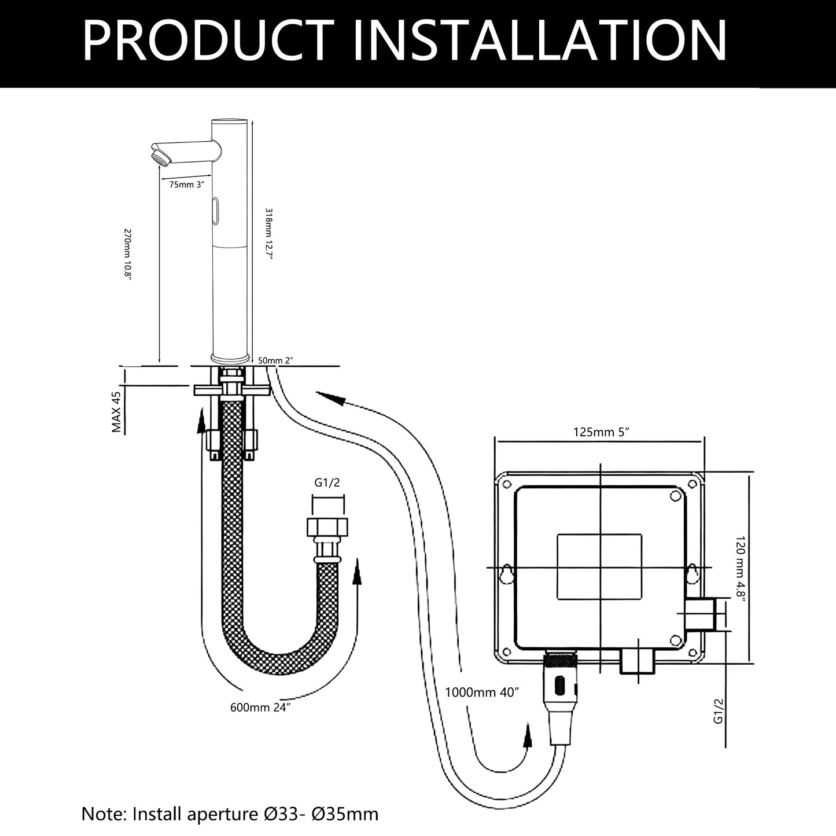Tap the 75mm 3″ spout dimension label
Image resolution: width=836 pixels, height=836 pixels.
[186, 185]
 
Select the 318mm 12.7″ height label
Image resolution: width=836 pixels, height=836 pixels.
[268, 234]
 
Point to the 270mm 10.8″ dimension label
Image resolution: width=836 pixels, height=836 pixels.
[127, 255]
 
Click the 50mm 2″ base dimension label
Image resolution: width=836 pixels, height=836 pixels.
[275, 360]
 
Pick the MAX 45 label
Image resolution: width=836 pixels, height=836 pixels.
[116, 412]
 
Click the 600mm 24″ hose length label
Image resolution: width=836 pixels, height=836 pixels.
[260, 707]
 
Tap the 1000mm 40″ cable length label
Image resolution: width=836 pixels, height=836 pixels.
[481, 692]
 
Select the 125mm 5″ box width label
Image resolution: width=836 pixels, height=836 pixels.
[601, 432]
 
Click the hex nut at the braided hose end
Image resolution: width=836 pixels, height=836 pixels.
[327, 527]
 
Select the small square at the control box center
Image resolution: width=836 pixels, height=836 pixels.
[599, 566]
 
